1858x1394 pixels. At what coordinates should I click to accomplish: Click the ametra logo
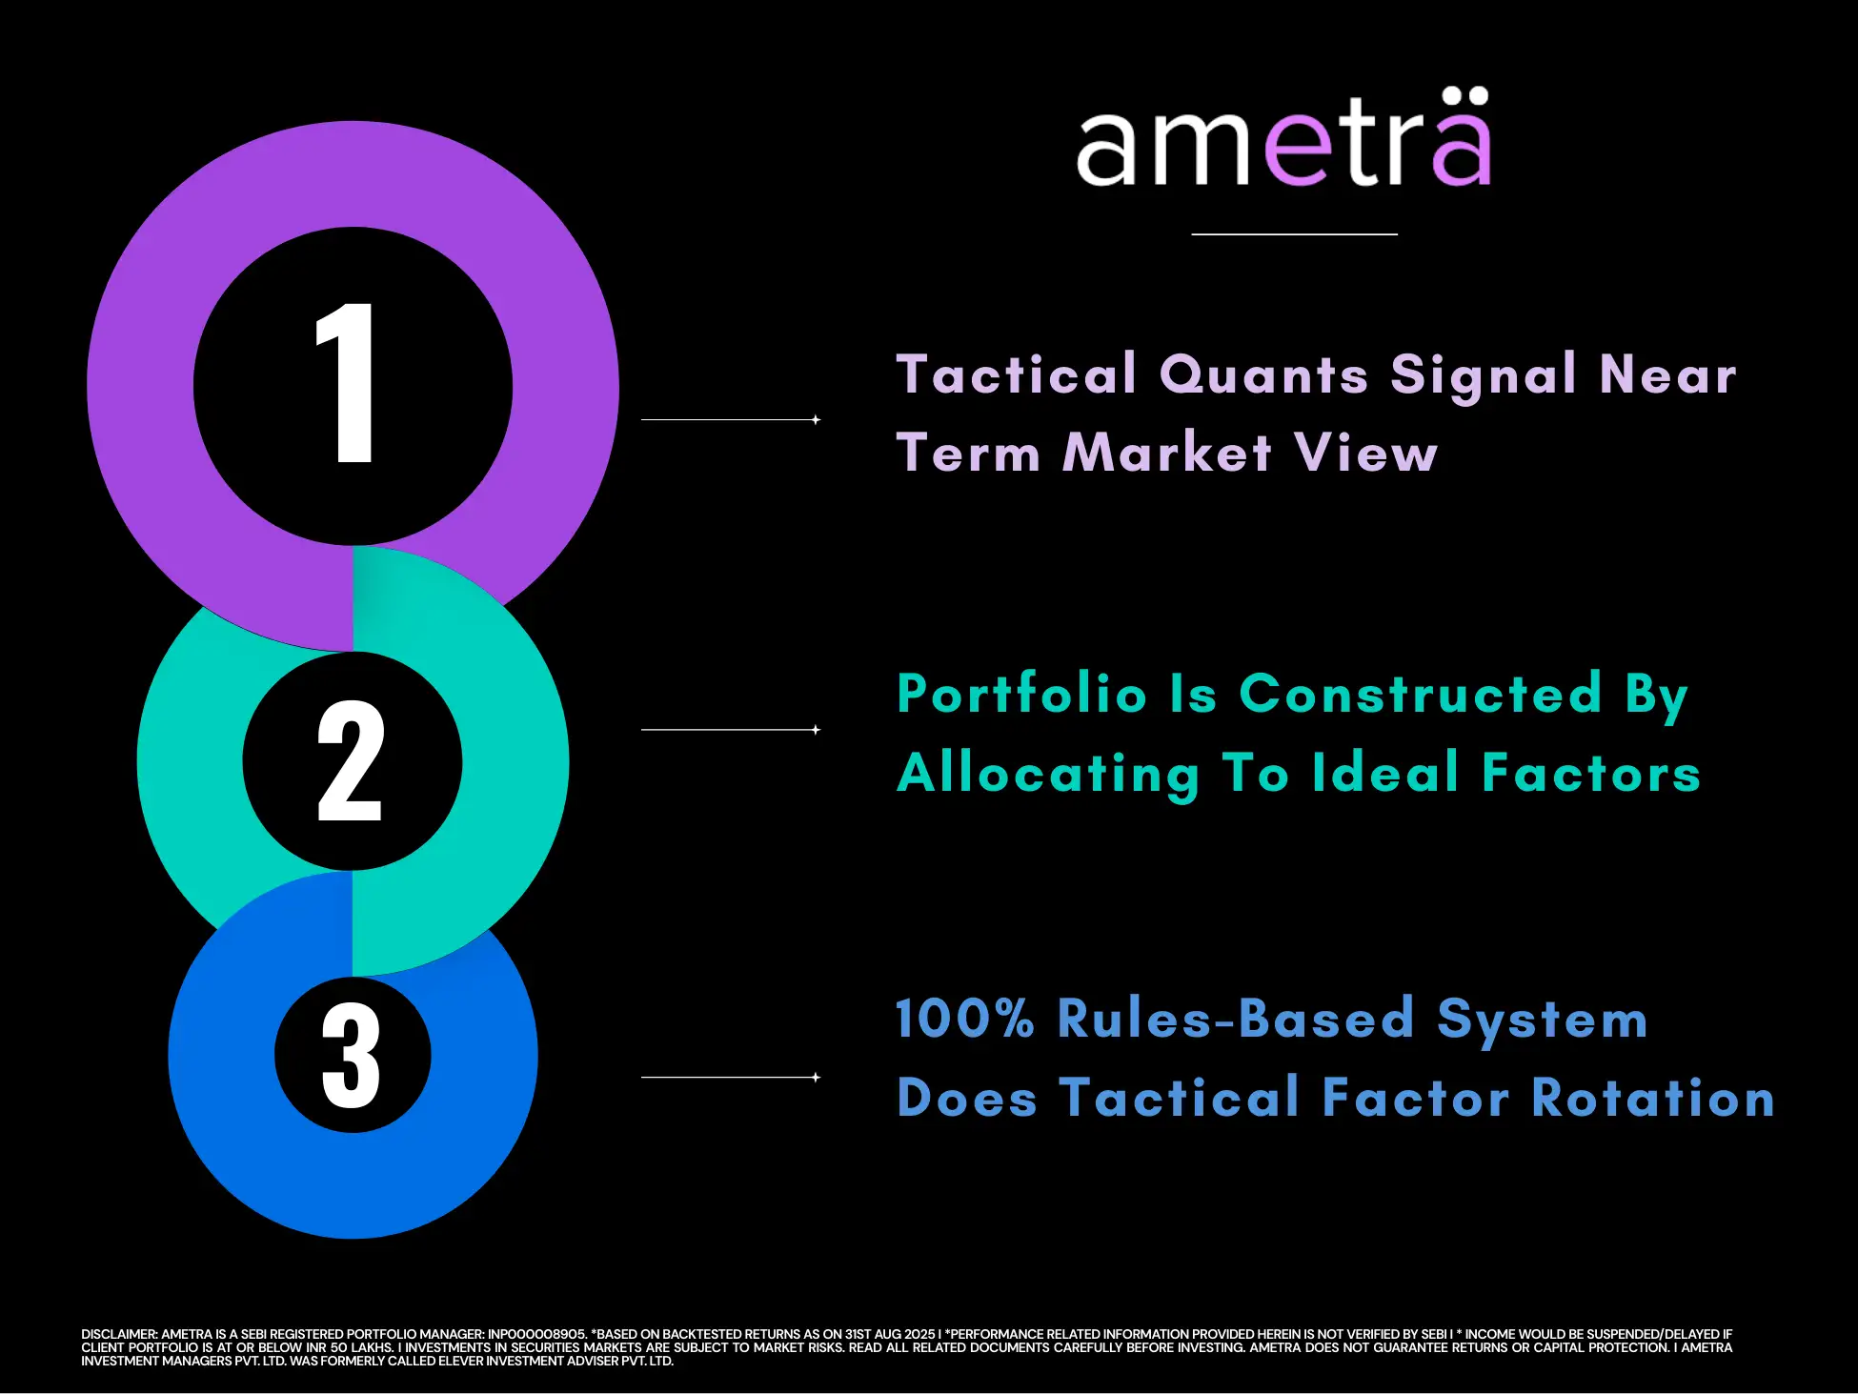tap(1283, 137)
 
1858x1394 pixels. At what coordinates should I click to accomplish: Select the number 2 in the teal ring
tap(350, 760)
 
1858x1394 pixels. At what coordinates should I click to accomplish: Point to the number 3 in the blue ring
tap(351, 1055)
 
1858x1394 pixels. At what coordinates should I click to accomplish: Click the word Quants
tap(1264, 374)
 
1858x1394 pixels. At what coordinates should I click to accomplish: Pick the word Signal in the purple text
tap(1484, 374)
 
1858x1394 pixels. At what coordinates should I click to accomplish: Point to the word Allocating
tap(1048, 774)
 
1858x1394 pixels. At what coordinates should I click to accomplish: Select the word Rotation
tap(1653, 1097)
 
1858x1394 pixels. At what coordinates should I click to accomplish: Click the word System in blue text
tap(1542, 1020)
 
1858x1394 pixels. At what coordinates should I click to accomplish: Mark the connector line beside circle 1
tap(731, 419)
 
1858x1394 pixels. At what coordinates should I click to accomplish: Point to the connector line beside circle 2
tap(731, 730)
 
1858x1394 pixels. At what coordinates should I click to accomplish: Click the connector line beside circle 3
tap(731, 1078)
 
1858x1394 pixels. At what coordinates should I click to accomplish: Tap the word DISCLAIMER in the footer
tap(119, 1334)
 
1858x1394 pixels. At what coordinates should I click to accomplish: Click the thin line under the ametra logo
tap(1295, 233)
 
